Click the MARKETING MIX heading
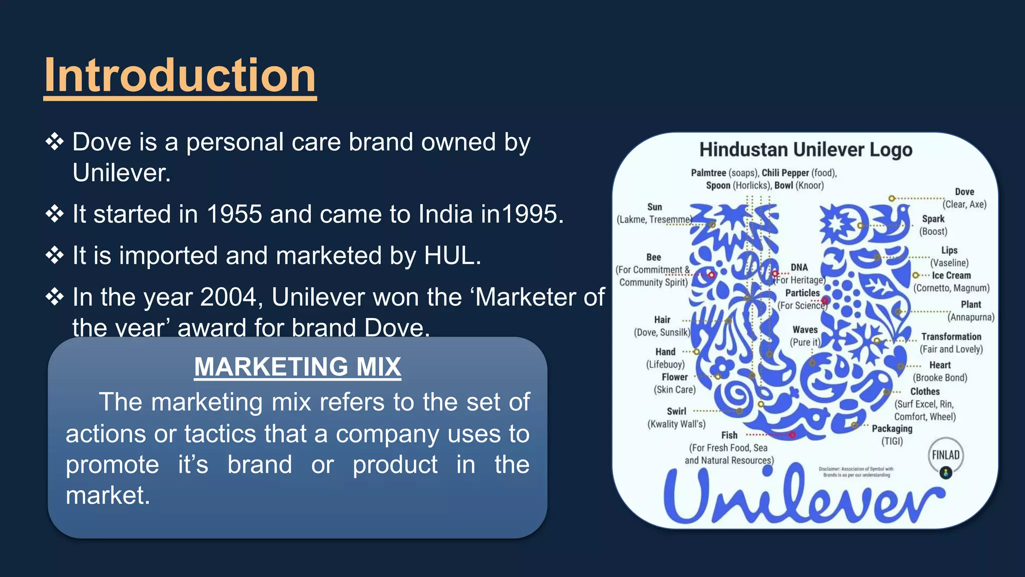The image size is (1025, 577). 297,367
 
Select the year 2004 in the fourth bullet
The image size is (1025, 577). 231,297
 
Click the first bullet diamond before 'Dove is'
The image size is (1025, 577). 55,142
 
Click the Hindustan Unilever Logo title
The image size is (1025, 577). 805,149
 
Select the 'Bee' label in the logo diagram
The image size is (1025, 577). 654,257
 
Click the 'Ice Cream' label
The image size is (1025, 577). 951,275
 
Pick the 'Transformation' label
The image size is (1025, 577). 951,337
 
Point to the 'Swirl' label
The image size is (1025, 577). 676,411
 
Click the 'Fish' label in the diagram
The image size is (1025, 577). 729,435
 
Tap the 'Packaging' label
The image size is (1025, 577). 892,429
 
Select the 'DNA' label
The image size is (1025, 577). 799,267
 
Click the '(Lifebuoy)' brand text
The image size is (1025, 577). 665,364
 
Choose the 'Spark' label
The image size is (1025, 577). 933,219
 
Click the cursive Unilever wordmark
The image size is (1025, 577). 803,498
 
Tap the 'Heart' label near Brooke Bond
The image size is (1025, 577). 940,365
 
